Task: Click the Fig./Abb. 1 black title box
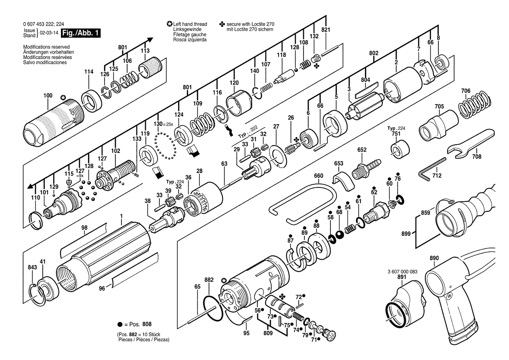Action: pyautogui.click(x=81, y=33)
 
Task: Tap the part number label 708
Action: pyautogui.click(x=476, y=156)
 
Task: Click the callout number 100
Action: pyautogui.click(x=48, y=95)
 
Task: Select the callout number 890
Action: pyautogui.click(x=434, y=258)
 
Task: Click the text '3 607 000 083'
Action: pyautogui.click(x=402, y=272)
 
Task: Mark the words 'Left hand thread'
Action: pyautogui.click(x=190, y=24)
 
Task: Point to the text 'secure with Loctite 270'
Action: pyautogui.click(x=250, y=24)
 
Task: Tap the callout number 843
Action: pyautogui.click(x=32, y=267)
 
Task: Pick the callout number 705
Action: pyautogui.click(x=439, y=106)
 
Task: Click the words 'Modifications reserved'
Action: pyautogui.click(x=47, y=47)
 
